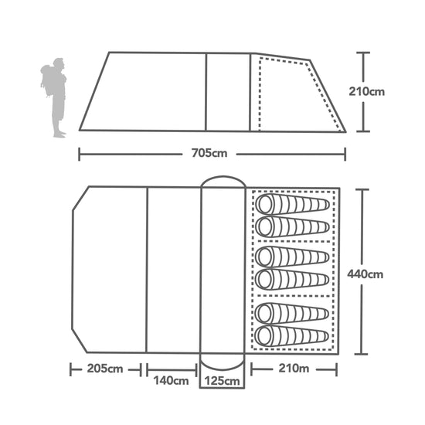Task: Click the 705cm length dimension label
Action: (x=211, y=152)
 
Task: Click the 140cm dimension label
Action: (x=171, y=380)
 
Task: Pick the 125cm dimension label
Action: (x=223, y=380)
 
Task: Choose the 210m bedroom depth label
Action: (x=294, y=369)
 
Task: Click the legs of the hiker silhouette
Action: (x=58, y=120)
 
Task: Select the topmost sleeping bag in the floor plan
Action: (x=294, y=205)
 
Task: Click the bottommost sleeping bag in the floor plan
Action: (x=294, y=335)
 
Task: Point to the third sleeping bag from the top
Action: (x=294, y=256)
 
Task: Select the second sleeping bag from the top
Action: (x=294, y=226)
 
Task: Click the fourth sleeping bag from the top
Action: (x=294, y=277)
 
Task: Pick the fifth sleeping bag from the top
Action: (x=294, y=313)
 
